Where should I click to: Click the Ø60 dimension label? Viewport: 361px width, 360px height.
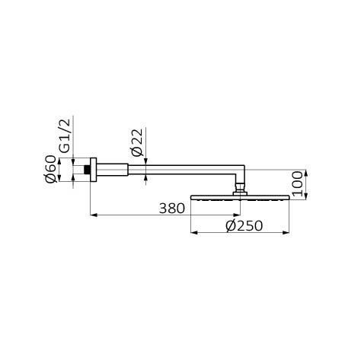(50, 169)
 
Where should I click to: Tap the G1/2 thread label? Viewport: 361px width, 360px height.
(65, 135)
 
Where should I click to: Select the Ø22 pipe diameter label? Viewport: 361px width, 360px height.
(137, 142)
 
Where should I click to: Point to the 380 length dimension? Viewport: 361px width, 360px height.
(172, 209)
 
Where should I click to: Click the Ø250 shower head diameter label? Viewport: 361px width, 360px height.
(244, 226)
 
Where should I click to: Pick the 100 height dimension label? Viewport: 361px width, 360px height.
(297, 184)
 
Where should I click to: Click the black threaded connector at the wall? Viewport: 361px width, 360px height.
(87, 170)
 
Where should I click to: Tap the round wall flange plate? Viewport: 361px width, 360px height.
(94, 170)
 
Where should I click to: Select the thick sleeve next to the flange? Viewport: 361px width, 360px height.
(112, 170)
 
